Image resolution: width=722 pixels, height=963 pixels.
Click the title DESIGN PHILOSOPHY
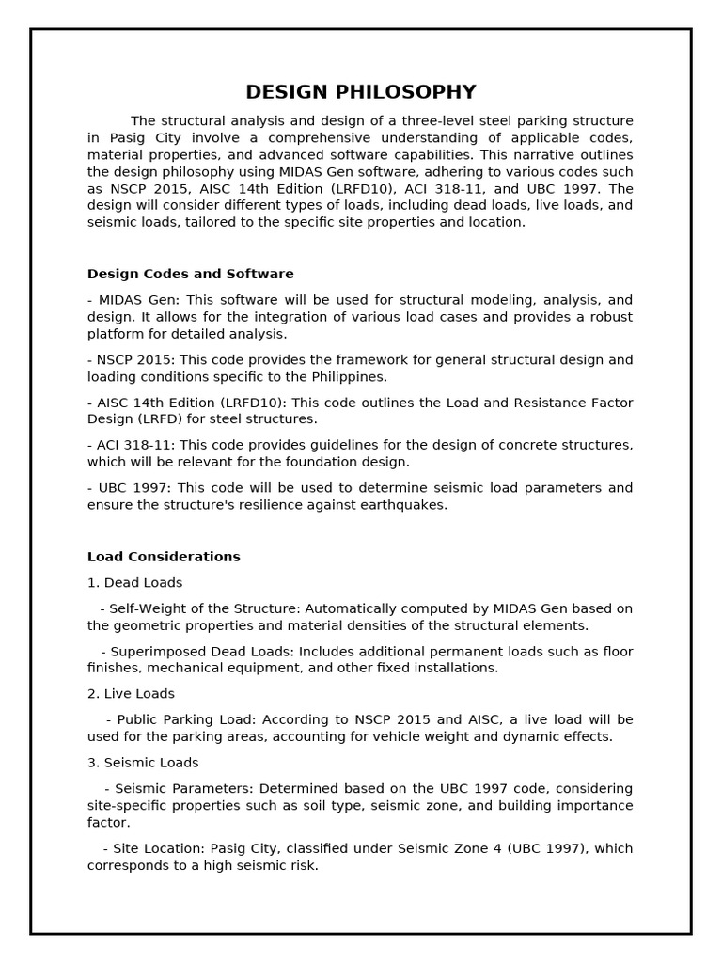click(361, 92)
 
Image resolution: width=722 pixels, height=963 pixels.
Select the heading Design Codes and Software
click(190, 274)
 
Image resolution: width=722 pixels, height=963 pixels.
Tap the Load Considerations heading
click(164, 557)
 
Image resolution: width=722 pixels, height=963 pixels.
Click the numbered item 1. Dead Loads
click(134, 583)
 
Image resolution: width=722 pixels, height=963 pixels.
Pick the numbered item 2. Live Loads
click(131, 694)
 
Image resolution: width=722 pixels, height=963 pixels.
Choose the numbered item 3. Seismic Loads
click(143, 763)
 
